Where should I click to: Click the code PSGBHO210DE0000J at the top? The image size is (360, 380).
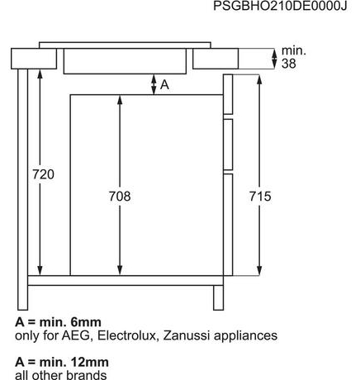(280, 6)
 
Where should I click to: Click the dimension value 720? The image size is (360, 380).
(43, 174)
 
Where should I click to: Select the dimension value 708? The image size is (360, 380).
(120, 197)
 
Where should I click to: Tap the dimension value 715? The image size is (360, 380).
(260, 197)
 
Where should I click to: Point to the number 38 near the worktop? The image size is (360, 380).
(289, 64)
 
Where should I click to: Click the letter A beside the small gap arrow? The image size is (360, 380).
(164, 85)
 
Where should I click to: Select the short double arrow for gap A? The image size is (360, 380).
(154, 84)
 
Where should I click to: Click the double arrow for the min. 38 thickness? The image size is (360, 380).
(274, 59)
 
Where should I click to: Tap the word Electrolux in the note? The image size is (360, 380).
(126, 335)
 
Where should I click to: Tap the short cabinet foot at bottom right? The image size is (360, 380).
(219, 297)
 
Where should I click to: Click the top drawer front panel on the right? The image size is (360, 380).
(228, 94)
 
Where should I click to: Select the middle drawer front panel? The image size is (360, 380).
(228, 145)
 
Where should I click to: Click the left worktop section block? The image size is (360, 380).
(34, 59)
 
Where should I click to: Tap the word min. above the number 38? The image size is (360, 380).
(294, 51)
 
